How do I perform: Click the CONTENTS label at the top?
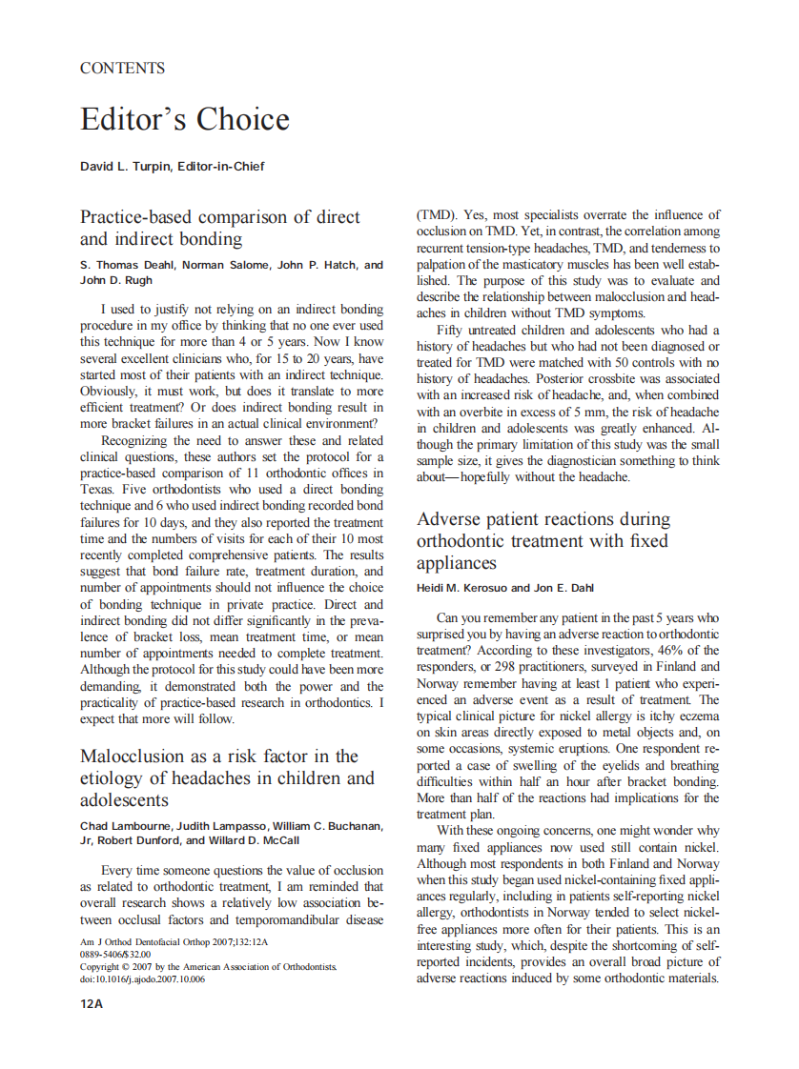122,69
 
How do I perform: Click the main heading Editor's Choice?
184,120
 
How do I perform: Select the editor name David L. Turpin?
128,167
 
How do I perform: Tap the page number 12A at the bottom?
92,1003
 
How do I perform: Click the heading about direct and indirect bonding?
220,228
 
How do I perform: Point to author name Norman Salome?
209,265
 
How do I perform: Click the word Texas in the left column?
97,490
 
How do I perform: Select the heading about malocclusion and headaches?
227,777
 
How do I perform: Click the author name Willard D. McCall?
256,840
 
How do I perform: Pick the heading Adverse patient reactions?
543,541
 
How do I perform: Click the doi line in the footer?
142,979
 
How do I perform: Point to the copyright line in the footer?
208,967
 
